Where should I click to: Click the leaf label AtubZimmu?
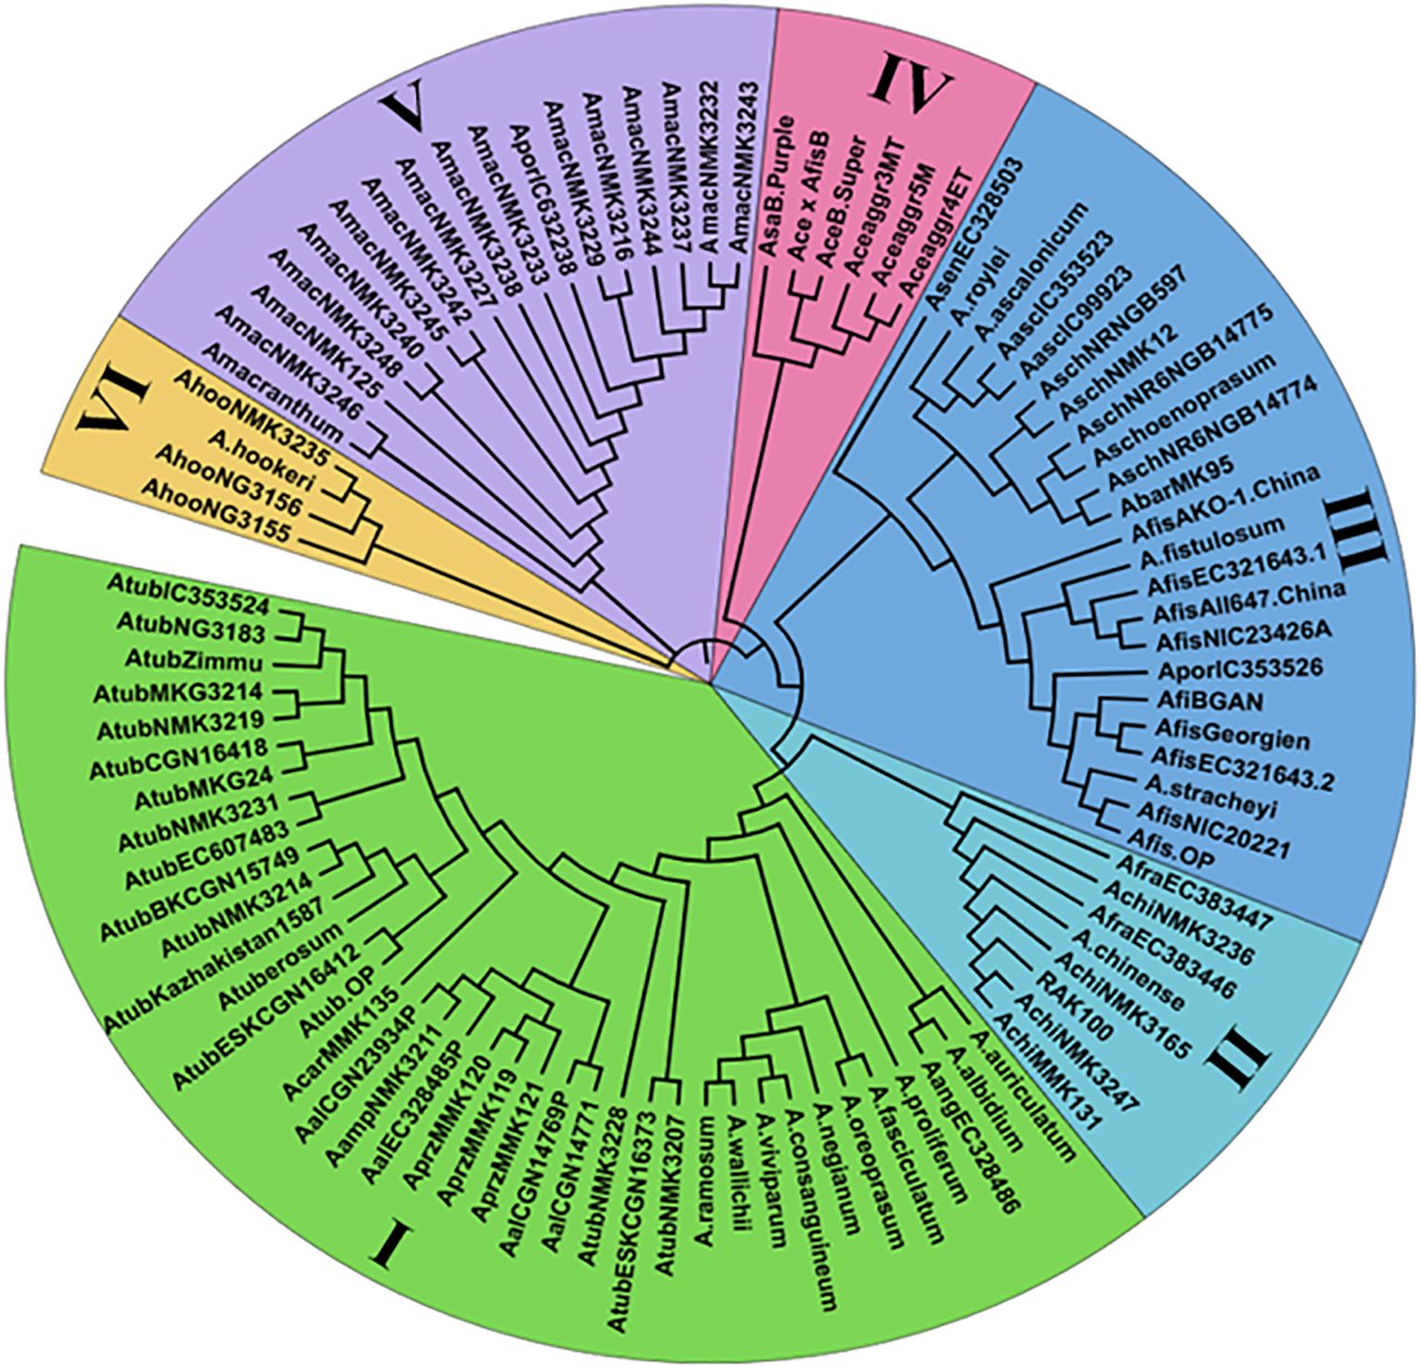point(211,663)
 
